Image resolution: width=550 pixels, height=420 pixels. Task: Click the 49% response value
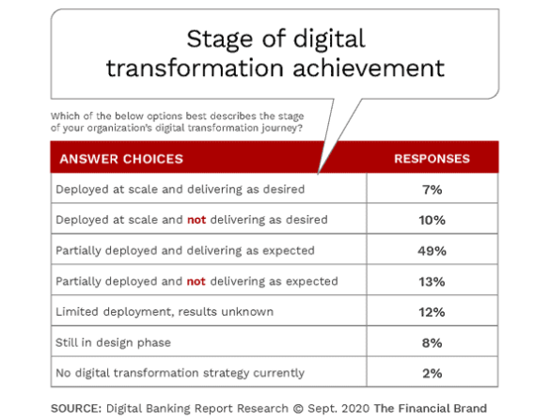tap(432, 251)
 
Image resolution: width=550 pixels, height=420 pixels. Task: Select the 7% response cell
tap(432, 190)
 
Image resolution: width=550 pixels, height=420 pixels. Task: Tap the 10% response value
tap(432, 220)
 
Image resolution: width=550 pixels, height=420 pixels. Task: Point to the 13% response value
tap(432, 282)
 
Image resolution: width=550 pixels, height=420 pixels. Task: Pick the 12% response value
tap(432, 312)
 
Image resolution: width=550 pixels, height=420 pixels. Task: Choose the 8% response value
tap(432, 343)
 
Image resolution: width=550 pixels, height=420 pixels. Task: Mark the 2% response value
tap(432, 373)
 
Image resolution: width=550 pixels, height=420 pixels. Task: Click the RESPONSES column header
tap(432, 159)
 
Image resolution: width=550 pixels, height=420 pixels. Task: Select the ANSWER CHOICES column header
tap(121, 159)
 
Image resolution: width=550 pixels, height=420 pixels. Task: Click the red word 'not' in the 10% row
tap(196, 220)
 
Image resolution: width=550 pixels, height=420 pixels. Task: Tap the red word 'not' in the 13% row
tap(196, 281)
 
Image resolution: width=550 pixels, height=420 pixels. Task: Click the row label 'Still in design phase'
tap(113, 342)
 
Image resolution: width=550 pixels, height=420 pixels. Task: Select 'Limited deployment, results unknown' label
tap(165, 311)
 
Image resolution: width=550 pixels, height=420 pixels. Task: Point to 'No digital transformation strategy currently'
tap(180, 373)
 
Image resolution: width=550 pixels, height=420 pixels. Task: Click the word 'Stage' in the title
tap(220, 39)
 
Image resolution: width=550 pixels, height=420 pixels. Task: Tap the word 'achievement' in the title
tap(369, 68)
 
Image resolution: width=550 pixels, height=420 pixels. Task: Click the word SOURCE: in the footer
tap(76, 408)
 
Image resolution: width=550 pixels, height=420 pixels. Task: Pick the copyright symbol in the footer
tap(298, 409)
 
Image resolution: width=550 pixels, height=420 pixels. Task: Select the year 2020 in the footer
tap(355, 408)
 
